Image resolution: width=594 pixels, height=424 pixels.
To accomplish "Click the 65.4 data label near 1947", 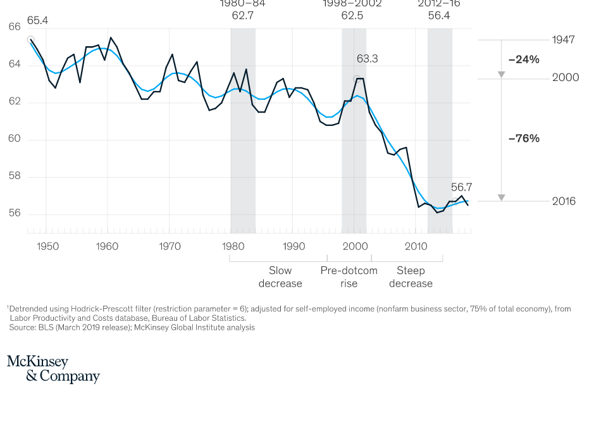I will (37, 21).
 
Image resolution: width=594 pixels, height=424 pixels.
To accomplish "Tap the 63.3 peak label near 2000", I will (367, 59).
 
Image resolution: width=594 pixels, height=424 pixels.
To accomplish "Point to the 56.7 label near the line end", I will (462, 187).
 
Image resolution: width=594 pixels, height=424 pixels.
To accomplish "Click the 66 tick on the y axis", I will (15, 27).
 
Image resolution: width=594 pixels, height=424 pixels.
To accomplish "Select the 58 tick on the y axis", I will (15, 176).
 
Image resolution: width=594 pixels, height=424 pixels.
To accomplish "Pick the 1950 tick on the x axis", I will (48, 246).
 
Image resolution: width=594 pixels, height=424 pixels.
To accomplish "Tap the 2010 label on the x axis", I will (416, 246).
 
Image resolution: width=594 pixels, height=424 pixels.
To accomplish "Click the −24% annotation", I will (524, 59).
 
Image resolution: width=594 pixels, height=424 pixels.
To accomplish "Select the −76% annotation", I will (524, 138).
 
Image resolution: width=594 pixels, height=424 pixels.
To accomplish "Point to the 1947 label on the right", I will (563, 40).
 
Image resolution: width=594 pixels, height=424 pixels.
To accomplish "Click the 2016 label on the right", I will (564, 201).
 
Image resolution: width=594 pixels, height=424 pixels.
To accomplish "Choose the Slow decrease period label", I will (280, 277).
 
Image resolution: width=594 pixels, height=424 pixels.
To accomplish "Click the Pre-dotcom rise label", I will (349, 277).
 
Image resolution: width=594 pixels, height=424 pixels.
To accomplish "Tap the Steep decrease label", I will (411, 277).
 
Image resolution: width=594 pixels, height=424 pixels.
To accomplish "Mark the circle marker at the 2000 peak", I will (357, 79).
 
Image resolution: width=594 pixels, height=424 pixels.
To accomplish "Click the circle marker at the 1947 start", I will (30, 40).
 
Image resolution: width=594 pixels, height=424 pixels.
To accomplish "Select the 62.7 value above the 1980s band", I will (242, 15).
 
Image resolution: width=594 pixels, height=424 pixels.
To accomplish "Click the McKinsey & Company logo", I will (53, 369).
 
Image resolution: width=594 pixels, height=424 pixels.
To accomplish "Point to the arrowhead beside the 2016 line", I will (501, 197).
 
